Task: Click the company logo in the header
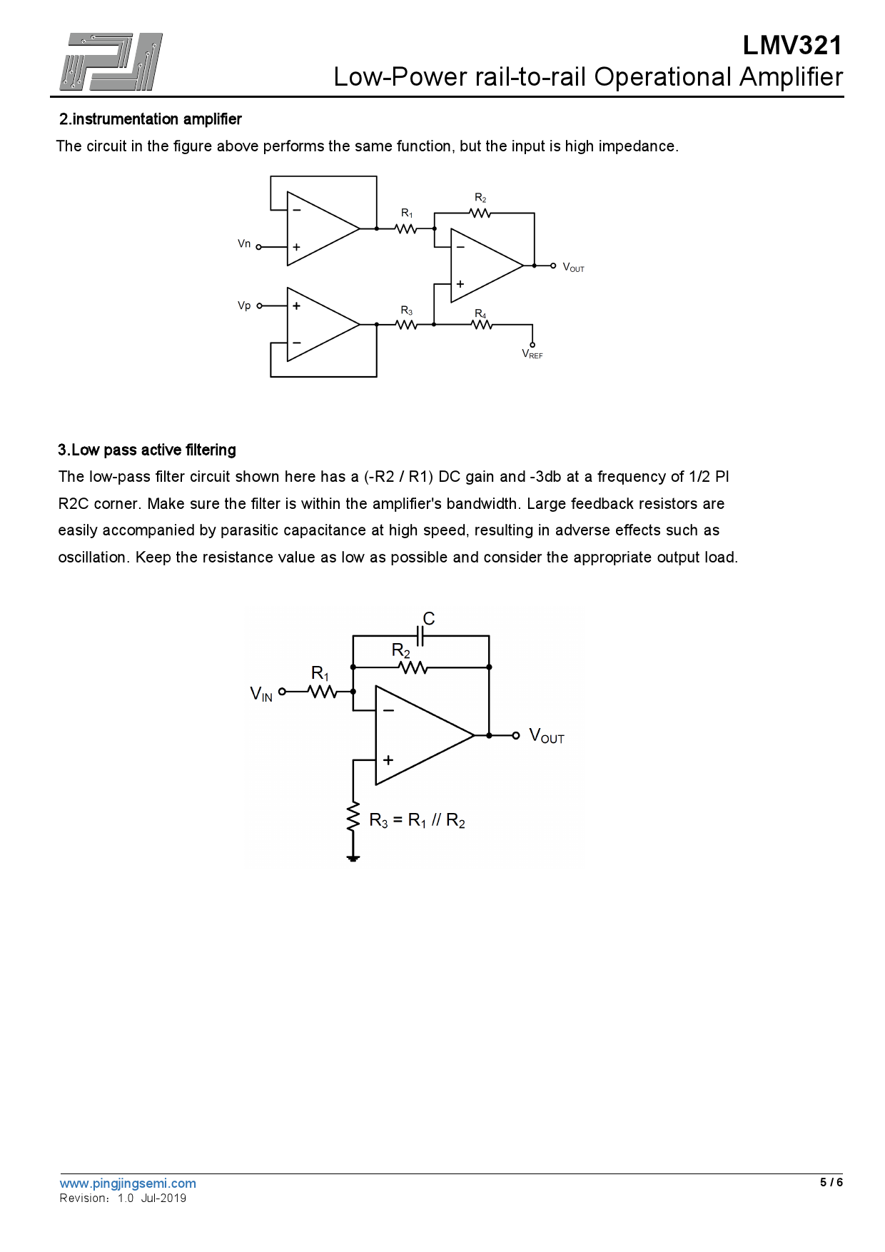coord(111,62)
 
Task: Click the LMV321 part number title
coord(792,46)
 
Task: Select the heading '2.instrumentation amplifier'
coord(150,119)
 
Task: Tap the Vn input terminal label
coord(244,244)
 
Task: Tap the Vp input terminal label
coord(244,306)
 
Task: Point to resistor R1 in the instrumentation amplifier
coord(406,228)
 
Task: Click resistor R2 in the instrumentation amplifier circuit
coord(480,213)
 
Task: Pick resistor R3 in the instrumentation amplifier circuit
coord(406,324)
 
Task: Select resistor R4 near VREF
coord(482,324)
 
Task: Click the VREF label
coord(532,354)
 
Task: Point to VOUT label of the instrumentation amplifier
coord(573,268)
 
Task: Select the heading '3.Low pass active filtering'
coord(147,450)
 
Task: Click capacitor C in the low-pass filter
coord(421,635)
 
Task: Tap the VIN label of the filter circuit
coord(261,693)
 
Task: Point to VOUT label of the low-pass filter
coord(547,736)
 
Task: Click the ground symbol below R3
coord(353,858)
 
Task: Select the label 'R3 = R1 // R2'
coord(417,821)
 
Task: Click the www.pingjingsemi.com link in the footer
coord(128,1183)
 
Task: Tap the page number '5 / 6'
coord(831,1182)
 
